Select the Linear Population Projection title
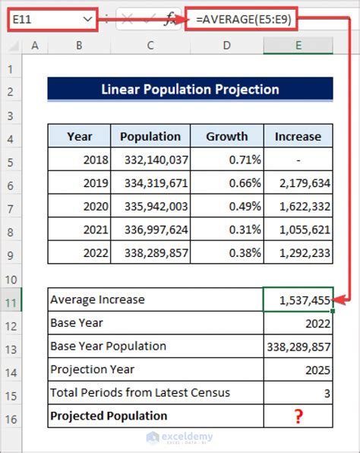click(190, 90)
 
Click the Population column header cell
click(150, 137)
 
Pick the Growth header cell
click(227, 137)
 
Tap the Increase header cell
click(298, 137)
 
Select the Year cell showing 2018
click(80, 160)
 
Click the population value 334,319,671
click(150, 184)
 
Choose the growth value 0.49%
click(227, 207)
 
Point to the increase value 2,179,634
click(298, 184)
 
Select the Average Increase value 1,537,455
click(298, 301)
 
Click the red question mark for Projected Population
click(298, 417)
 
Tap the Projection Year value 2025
click(298, 370)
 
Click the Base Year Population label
click(108, 347)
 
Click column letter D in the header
click(227, 46)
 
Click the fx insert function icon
click(172, 18)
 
